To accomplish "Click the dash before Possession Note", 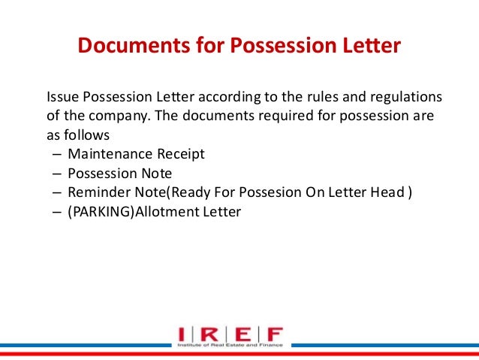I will click(x=57, y=174).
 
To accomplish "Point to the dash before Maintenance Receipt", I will click(x=57, y=156).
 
